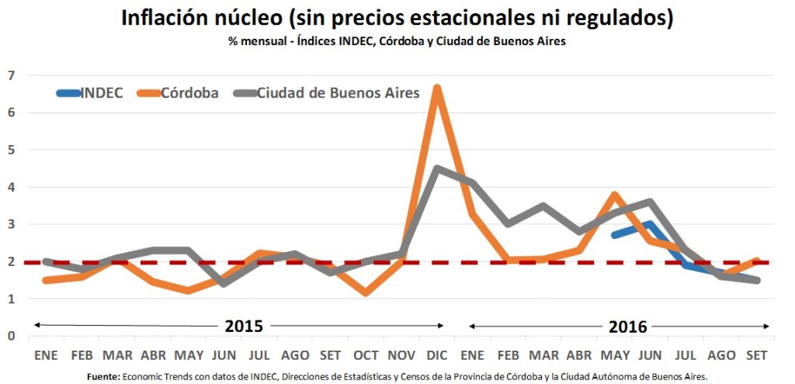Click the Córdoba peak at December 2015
coord(438,88)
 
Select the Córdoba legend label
coord(190,93)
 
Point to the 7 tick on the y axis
coord(11,75)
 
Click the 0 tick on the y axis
coord(11,336)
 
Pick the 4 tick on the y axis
coord(11,187)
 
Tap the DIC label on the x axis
coord(438,355)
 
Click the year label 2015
coord(244,327)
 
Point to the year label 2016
coord(628,327)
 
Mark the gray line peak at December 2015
coord(438,168)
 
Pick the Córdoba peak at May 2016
coord(614,195)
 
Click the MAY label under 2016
coord(614,355)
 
